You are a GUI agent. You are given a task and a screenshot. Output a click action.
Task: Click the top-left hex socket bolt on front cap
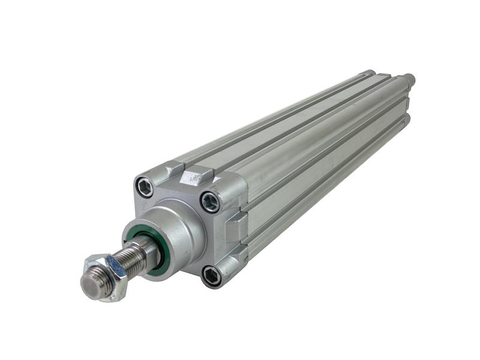tap(145, 187)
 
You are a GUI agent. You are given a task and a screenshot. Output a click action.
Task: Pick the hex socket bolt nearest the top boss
tap(210, 202)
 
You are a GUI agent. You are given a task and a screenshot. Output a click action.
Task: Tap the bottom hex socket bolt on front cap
tap(211, 275)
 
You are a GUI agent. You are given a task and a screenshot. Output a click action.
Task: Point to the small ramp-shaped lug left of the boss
tap(173, 170)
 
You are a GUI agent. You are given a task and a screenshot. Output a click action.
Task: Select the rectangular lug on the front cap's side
tap(236, 226)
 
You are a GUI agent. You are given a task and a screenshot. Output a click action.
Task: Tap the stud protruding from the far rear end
tap(409, 78)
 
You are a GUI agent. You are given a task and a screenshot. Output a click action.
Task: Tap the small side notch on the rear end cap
tap(407, 105)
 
